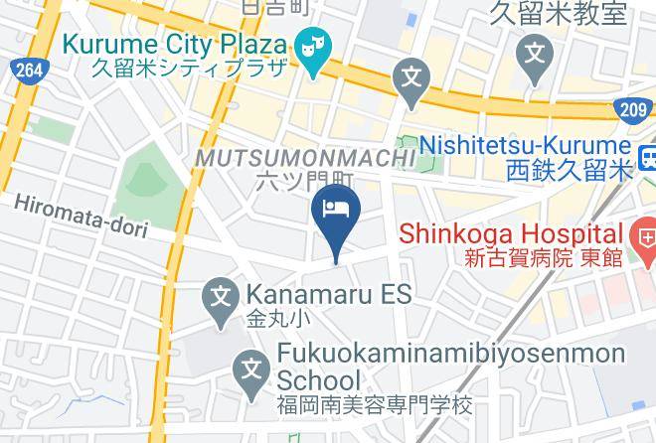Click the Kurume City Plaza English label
point(175,46)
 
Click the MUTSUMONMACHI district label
point(305,158)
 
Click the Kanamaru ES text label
point(328,295)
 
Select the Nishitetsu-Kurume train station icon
point(648,156)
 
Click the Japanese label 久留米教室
point(559,13)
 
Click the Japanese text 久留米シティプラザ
point(189,69)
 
